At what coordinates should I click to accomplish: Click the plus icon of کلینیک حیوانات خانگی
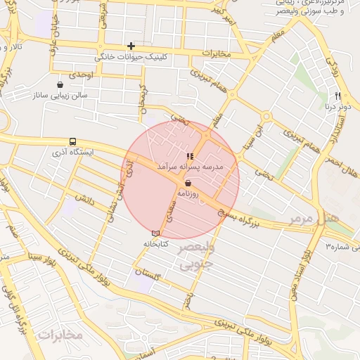click(131, 46)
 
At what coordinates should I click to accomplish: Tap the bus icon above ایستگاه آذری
click(73, 141)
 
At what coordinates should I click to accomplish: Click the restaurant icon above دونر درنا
click(338, 96)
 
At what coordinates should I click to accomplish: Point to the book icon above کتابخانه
click(155, 233)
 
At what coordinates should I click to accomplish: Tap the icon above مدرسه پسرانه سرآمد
click(189, 156)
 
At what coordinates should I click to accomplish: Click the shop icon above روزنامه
click(188, 182)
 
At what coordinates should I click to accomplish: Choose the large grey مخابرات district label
click(60, 335)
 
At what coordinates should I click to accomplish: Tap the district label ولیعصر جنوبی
click(195, 257)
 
